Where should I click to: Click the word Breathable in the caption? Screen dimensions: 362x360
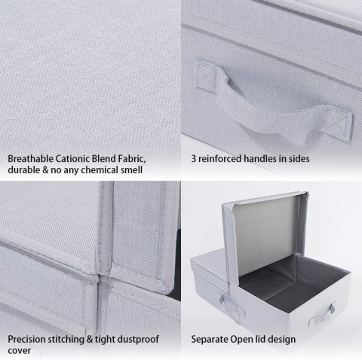[x=31, y=159]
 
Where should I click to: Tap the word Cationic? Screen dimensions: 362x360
[x=72, y=159]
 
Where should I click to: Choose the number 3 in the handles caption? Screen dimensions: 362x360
[x=194, y=159]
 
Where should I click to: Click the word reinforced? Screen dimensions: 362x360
[x=220, y=159]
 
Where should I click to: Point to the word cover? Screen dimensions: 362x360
[x=19, y=351]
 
